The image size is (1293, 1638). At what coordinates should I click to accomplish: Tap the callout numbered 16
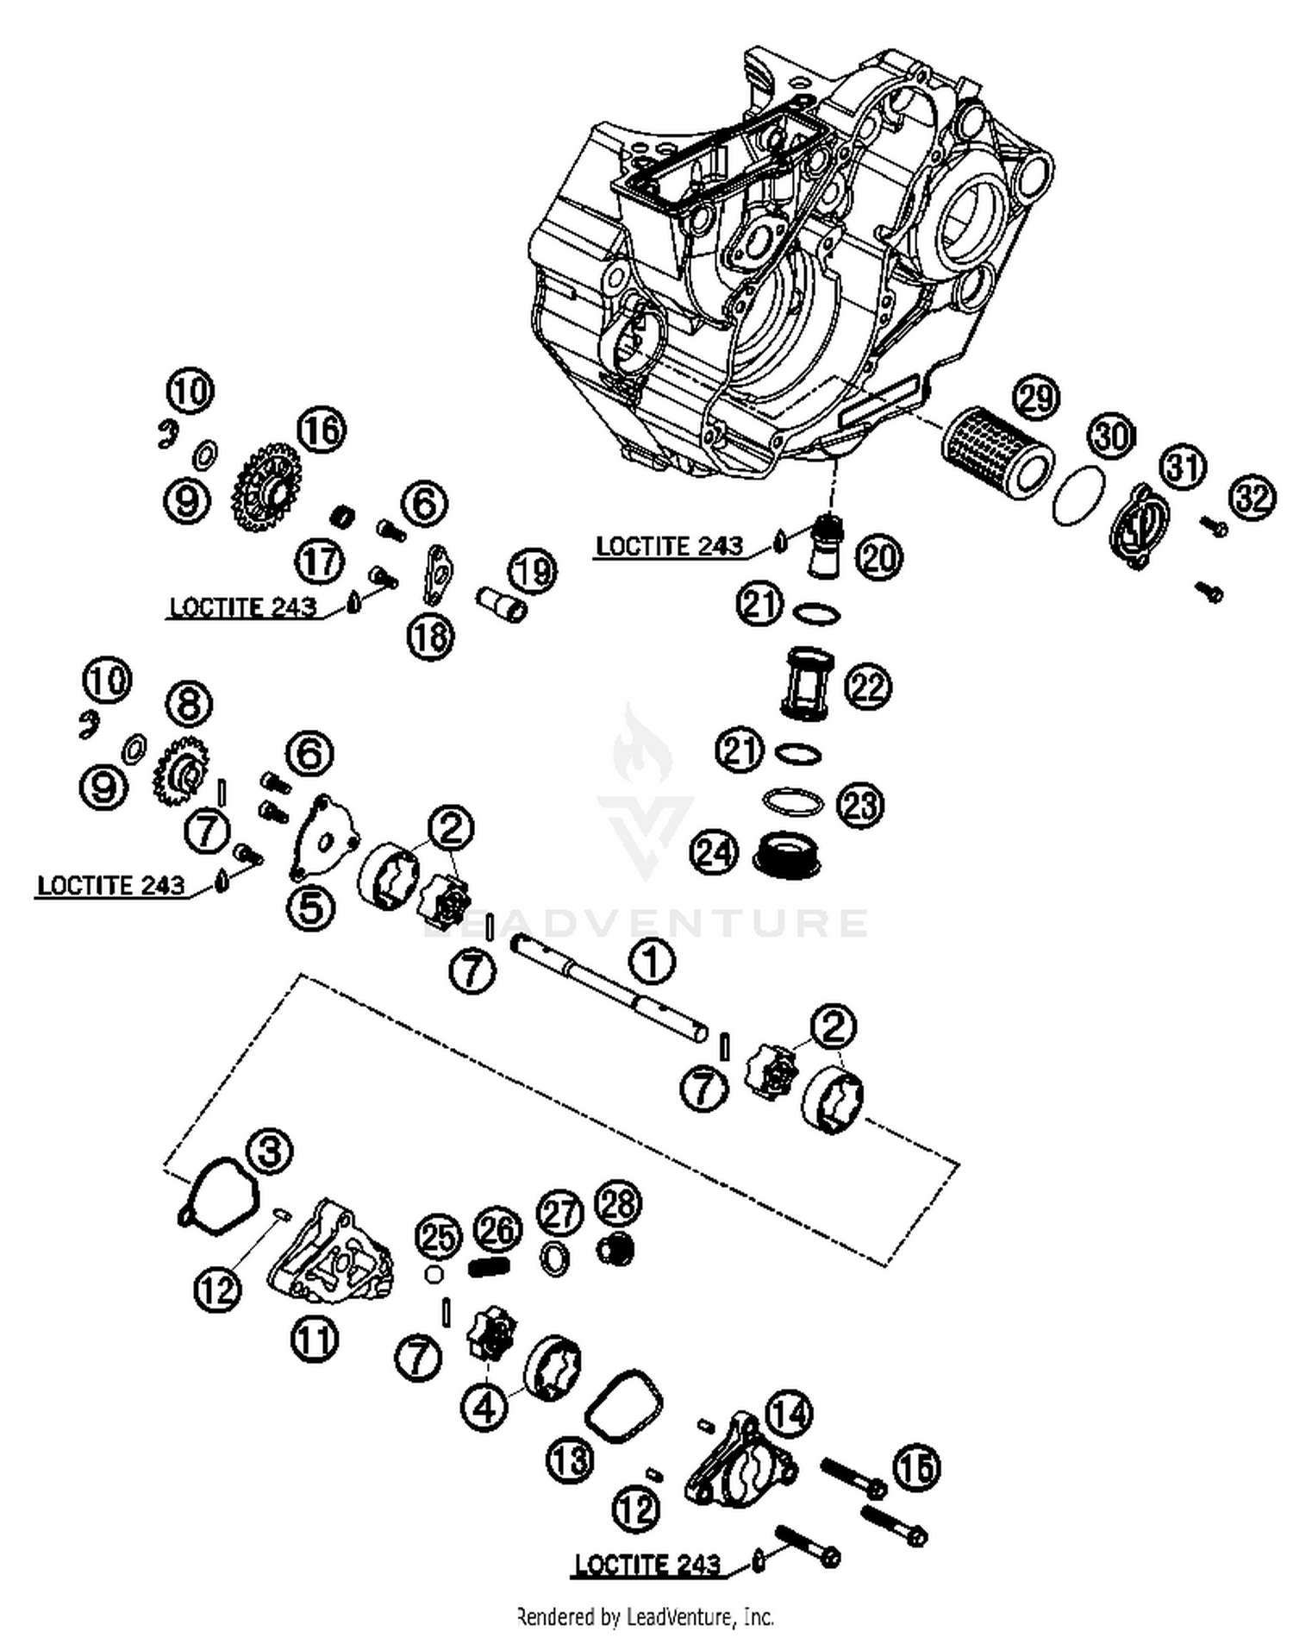[322, 430]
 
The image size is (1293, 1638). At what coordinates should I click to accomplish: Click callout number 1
[652, 960]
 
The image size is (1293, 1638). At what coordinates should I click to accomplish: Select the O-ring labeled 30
[1079, 495]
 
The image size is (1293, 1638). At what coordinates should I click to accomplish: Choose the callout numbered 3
[270, 1152]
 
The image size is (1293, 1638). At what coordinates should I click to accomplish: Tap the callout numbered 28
[618, 1205]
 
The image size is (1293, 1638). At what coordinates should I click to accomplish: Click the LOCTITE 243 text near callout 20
[669, 546]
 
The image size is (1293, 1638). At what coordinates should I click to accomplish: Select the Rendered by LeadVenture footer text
[645, 1616]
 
